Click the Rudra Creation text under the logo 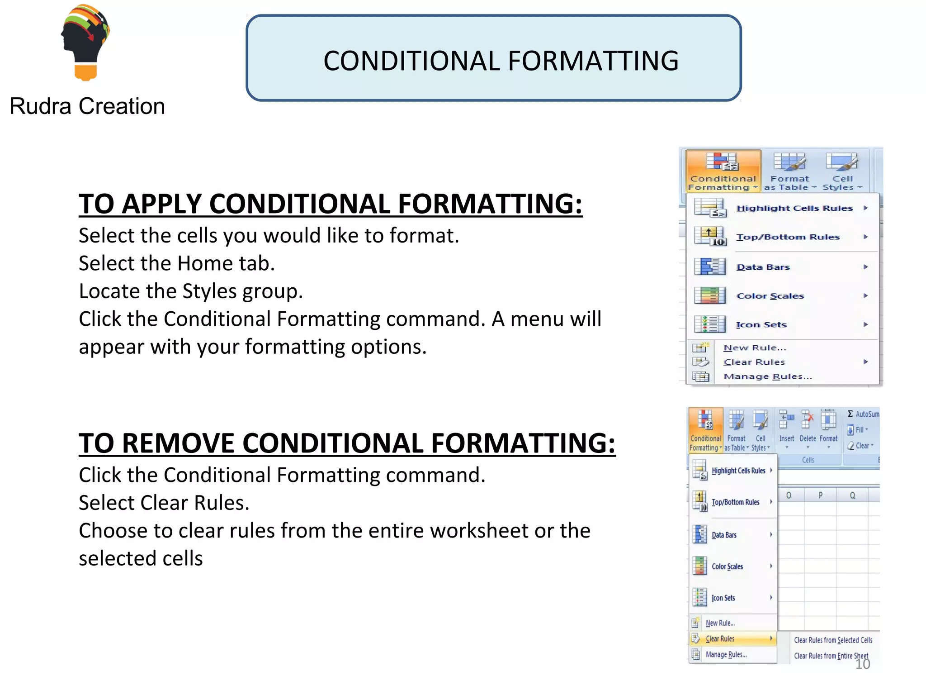tap(87, 107)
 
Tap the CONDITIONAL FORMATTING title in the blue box tap(501, 61)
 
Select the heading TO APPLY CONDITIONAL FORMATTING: tap(330, 204)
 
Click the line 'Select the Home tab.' tap(177, 263)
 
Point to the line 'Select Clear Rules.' tap(164, 503)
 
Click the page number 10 tap(862, 664)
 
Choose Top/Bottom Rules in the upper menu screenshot tap(787, 237)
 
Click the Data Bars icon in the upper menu tap(709, 267)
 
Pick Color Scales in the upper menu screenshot tap(770, 296)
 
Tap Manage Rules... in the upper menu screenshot tap(767, 376)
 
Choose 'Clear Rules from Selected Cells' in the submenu tap(833, 640)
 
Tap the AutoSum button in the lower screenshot tap(863, 414)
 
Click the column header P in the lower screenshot tap(820, 495)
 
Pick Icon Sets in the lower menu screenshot tap(723, 598)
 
